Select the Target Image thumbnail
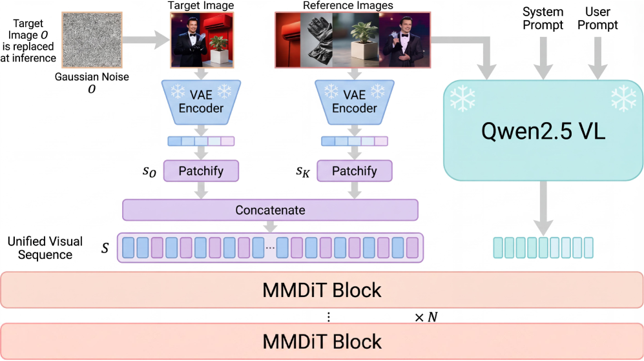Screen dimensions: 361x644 (202, 39)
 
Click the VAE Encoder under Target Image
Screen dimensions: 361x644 (202, 101)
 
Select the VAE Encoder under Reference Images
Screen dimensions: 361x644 (354, 101)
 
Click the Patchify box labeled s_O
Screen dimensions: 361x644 (202, 171)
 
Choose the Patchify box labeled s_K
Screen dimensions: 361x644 (354, 171)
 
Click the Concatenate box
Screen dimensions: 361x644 (270, 211)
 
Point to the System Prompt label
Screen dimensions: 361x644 (543, 18)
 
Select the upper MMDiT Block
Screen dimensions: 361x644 (322, 290)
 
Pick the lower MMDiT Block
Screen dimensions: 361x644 (322, 340)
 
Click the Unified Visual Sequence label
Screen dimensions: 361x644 (45, 248)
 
